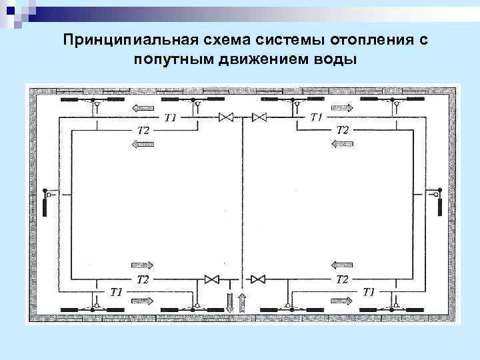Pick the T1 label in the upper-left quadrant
[x=170, y=117]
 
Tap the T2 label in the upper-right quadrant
[x=342, y=130]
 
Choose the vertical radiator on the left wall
[x=45, y=203]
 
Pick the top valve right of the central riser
[x=259, y=118]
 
